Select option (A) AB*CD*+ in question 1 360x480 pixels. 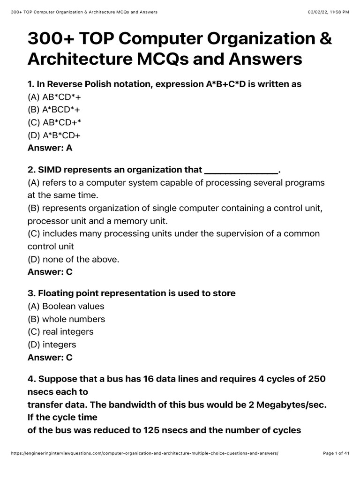58,97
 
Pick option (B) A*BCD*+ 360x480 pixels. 58,110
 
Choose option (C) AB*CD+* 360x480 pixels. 58,122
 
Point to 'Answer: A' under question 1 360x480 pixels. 50,148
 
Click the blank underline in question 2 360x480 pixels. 241,170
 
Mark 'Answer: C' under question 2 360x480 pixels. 50,272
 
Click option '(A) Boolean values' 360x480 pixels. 66,306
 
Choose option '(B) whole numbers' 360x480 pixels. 66,319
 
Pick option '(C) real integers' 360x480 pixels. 60,332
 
